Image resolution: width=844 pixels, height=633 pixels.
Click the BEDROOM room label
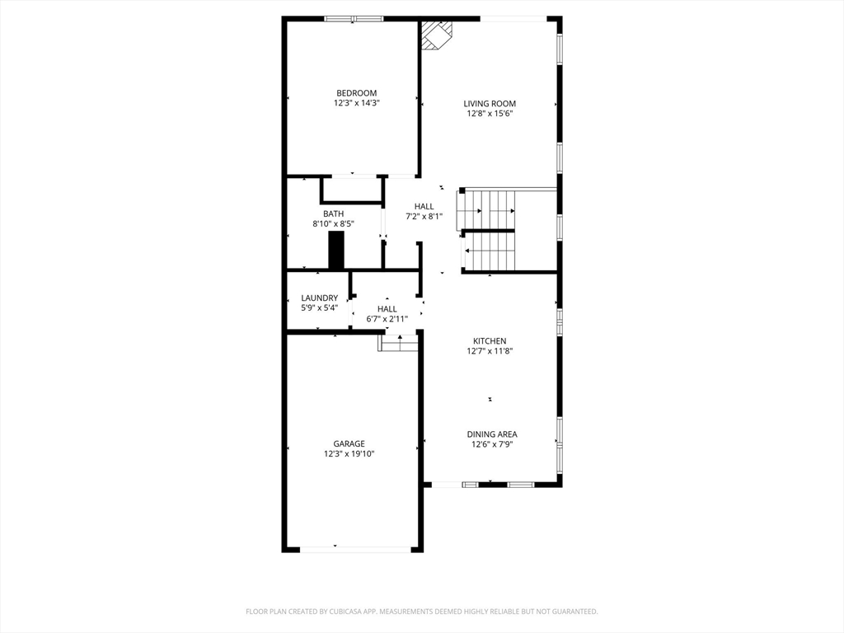[356, 93]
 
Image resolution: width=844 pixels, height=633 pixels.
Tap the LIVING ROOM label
[490, 104]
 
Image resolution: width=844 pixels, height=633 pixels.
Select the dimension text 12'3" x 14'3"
[356, 104]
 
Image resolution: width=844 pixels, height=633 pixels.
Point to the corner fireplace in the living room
[436, 35]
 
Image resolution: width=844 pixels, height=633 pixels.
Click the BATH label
[333, 213]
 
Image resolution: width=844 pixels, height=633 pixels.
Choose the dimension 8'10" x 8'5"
[333, 223]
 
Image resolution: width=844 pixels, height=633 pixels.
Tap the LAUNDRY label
[319, 298]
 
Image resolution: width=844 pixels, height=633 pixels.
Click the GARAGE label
[349, 443]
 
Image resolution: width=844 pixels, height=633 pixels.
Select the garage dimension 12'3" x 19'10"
[349, 453]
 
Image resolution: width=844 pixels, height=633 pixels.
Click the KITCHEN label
[490, 341]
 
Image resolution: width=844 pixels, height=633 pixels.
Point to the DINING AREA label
[492, 434]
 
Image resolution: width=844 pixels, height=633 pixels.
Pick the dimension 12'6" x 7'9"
[492, 444]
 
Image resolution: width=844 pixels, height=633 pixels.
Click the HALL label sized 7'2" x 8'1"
[424, 206]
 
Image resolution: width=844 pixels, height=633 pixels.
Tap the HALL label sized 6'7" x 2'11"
[387, 308]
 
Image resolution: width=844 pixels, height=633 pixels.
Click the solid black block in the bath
[335, 250]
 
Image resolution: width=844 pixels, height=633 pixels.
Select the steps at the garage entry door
[399, 343]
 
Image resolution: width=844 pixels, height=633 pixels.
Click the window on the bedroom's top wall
[354, 18]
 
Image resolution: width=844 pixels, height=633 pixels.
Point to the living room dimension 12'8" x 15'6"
[490, 114]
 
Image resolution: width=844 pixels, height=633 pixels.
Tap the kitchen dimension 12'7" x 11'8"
[490, 351]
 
